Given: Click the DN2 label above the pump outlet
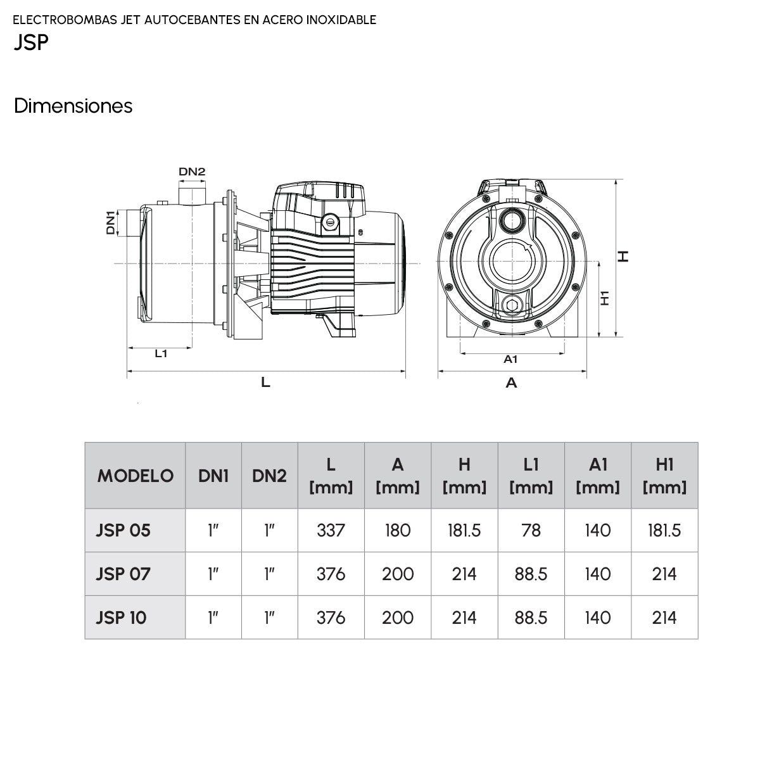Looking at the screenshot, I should (x=192, y=172).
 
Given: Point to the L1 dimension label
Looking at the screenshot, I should (x=161, y=354).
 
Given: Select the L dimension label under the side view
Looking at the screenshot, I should (x=265, y=383).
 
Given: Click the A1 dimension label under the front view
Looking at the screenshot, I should (x=510, y=359).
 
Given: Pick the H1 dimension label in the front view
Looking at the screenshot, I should (x=605, y=298).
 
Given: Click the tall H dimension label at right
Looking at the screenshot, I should (x=624, y=256).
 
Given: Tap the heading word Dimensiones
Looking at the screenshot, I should (x=73, y=106).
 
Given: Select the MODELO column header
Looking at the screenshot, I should (x=135, y=476).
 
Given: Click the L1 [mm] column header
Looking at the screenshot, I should (x=531, y=476).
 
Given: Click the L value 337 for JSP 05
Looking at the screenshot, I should (x=331, y=530).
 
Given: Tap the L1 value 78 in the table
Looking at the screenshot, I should (x=531, y=530).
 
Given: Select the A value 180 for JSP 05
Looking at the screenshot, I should (x=398, y=530).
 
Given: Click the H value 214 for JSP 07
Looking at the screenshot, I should (x=464, y=574).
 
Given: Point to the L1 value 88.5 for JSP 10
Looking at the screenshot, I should (x=531, y=617).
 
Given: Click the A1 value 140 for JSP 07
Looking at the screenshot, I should (x=598, y=574).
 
